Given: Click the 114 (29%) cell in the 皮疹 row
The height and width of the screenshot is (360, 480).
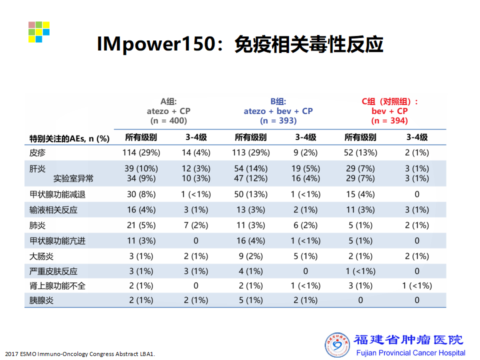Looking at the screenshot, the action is [141, 152].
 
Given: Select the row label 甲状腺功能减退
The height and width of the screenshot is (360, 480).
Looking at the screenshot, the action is [57, 194].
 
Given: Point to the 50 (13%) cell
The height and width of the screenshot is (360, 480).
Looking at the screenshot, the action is [250, 194].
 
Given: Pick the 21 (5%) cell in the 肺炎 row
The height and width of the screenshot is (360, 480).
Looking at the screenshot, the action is [141, 225].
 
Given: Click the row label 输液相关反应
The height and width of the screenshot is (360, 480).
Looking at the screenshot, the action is [53, 210].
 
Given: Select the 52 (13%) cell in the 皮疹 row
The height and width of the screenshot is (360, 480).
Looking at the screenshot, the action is [360, 152].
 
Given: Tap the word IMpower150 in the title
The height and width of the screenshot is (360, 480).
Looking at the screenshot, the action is [156, 44].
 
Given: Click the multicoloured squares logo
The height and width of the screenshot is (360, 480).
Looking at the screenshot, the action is [39, 32].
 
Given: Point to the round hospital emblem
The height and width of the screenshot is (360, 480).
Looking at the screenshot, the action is [337, 345].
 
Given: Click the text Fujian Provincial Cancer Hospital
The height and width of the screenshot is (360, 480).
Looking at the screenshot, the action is [411, 353].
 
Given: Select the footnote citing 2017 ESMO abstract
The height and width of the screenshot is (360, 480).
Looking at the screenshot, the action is [80, 354].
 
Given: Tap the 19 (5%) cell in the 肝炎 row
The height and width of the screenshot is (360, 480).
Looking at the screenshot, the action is [305, 168].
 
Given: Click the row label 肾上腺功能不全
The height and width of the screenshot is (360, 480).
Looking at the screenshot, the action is [57, 286].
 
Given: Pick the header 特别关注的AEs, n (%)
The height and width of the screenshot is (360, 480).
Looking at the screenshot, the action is [69, 138].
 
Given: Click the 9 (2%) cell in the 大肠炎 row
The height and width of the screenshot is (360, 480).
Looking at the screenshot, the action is [250, 256].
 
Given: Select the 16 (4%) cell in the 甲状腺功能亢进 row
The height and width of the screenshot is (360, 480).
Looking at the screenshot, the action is [250, 241].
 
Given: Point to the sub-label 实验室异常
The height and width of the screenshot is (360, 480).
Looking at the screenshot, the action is [73, 178].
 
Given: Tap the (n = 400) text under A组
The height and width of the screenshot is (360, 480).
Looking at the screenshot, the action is [168, 120].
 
